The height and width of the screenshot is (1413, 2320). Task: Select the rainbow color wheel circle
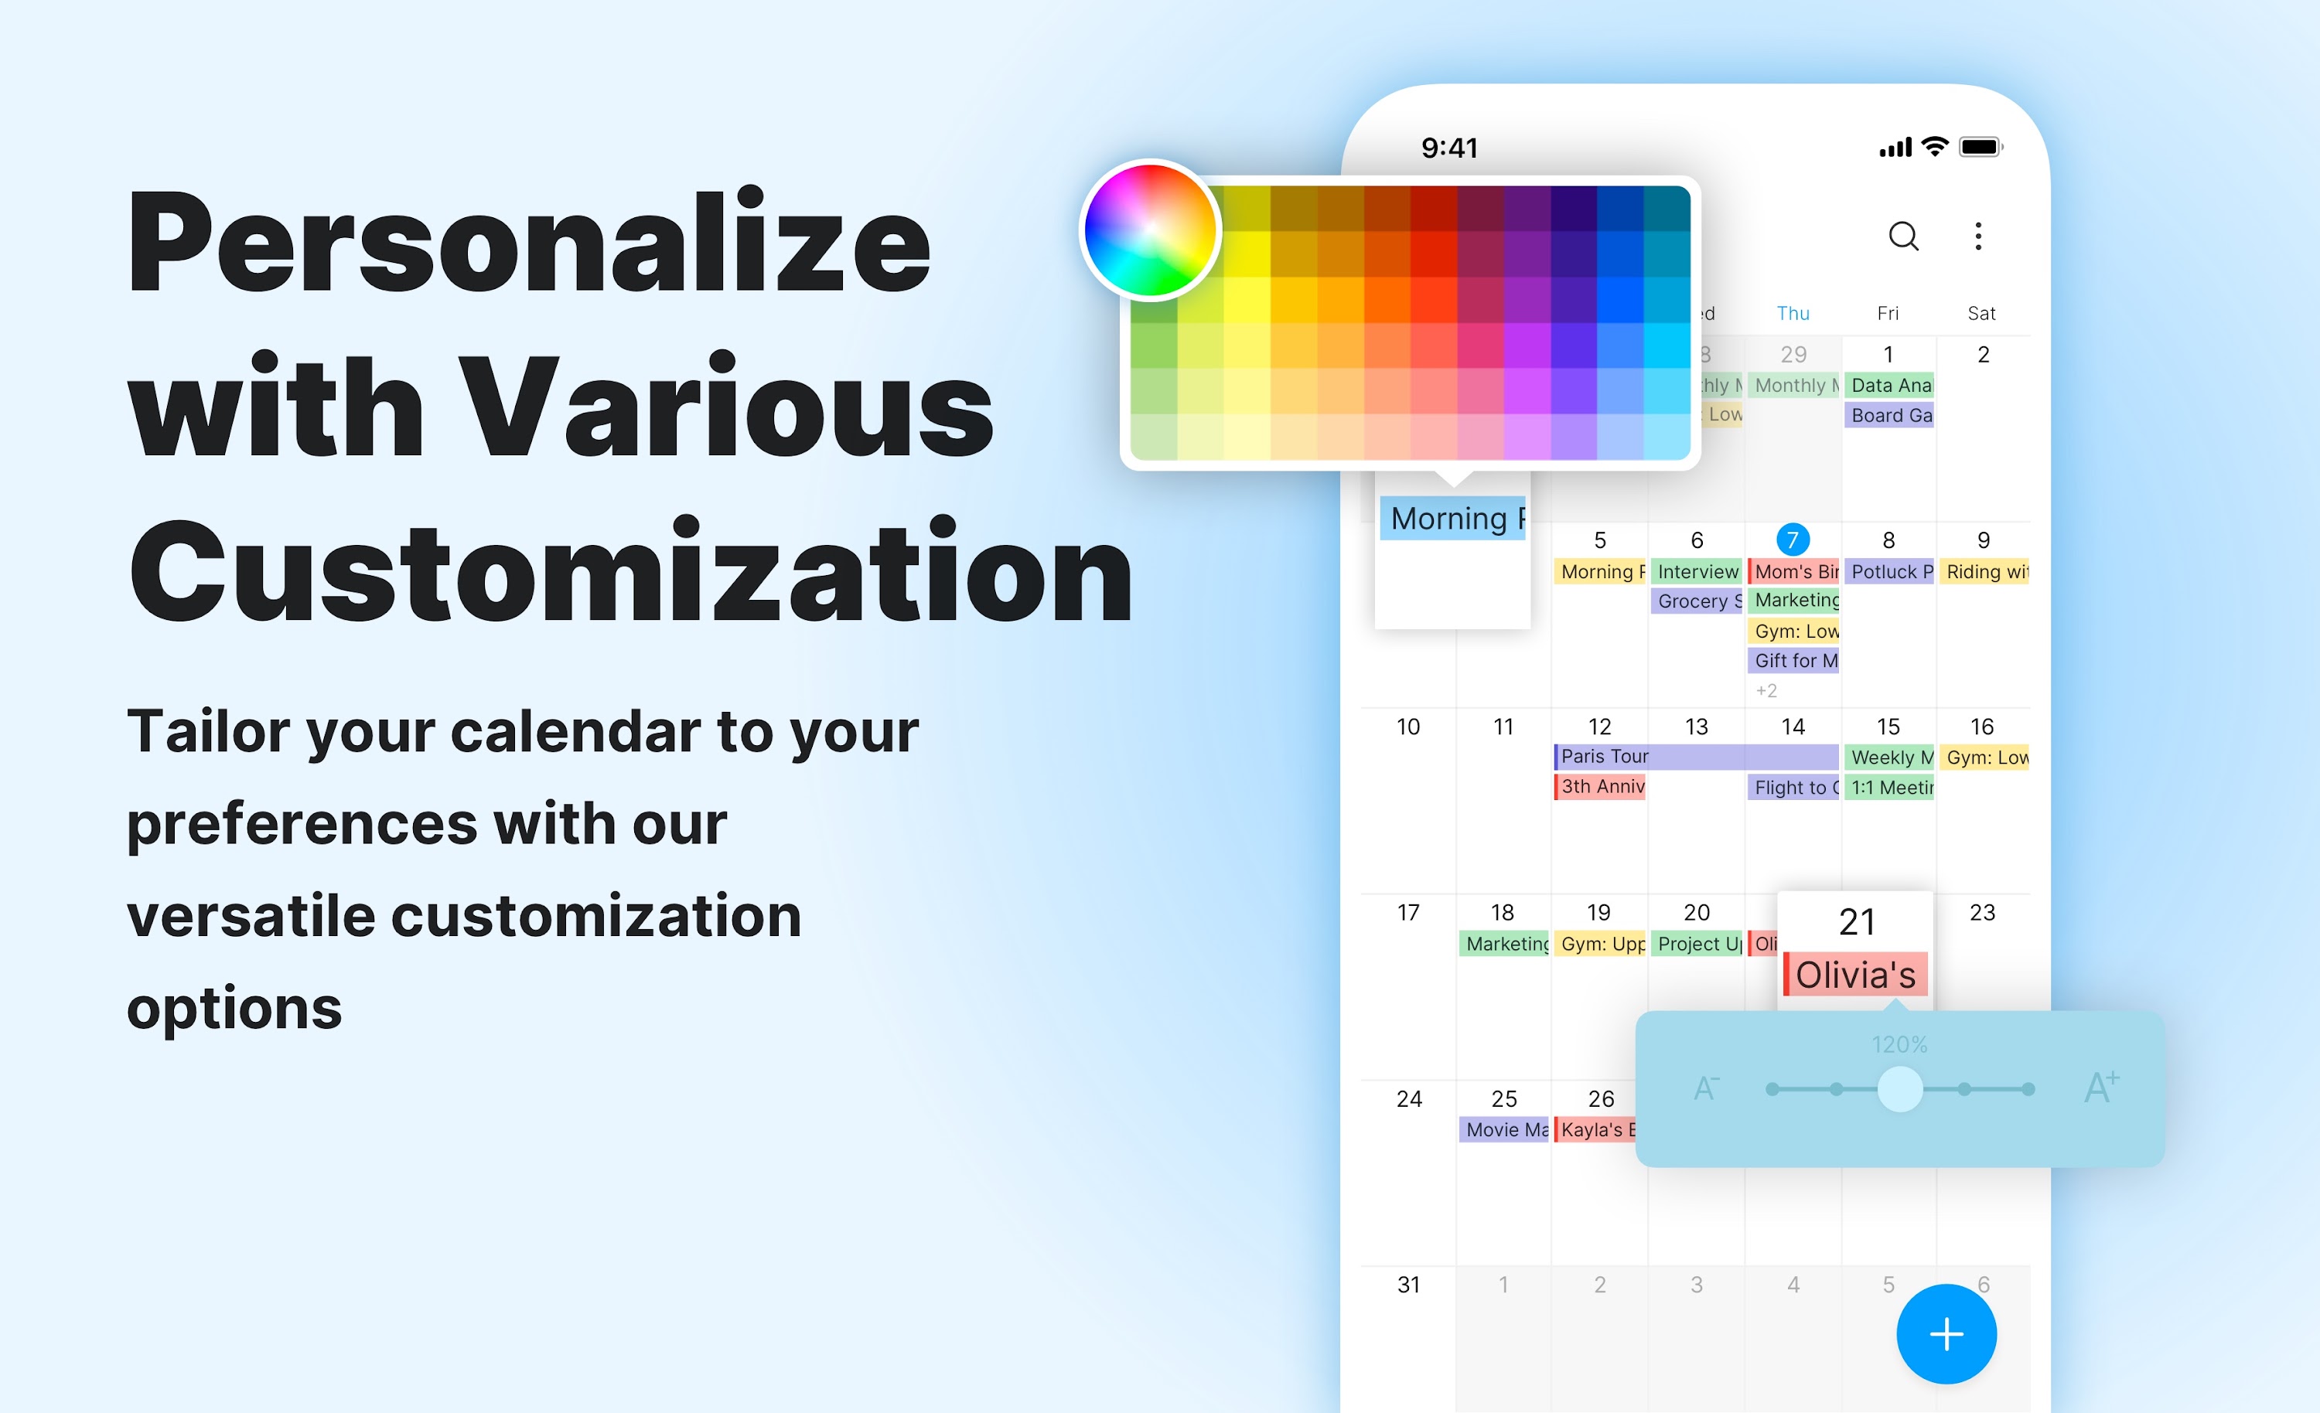click(x=1150, y=230)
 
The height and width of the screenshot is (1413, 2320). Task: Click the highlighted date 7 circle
click(x=1792, y=540)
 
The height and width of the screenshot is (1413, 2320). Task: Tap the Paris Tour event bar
click(x=1695, y=756)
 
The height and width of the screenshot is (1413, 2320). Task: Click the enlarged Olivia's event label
click(x=1855, y=974)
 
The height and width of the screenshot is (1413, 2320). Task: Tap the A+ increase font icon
click(x=2100, y=1088)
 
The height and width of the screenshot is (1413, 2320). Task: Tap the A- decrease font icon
click(x=1706, y=1089)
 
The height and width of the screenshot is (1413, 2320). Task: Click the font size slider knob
click(x=1899, y=1089)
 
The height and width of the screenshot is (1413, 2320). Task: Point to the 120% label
click(x=1899, y=1044)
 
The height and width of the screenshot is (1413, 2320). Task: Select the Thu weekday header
click(x=1793, y=314)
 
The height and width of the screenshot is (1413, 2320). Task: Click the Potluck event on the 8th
click(x=1888, y=571)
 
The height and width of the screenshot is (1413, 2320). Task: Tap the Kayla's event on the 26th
click(x=1596, y=1129)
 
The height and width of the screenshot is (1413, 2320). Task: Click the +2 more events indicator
click(x=1766, y=691)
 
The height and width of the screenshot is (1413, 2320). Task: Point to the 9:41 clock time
click(x=1449, y=148)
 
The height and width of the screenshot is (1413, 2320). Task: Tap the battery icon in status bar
click(x=1980, y=147)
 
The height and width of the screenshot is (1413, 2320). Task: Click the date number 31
click(x=1407, y=1284)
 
